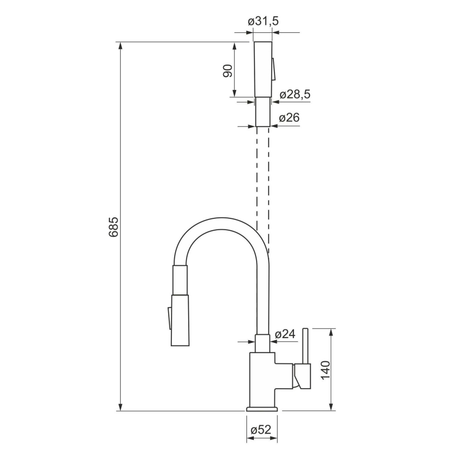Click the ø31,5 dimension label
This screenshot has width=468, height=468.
[x=263, y=22]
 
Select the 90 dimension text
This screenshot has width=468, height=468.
[x=228, y=70]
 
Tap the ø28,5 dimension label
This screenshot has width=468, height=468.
[x=295, y=95]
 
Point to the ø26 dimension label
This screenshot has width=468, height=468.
[x=289, y=117]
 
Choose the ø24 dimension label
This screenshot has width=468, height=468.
[x=285, y=334]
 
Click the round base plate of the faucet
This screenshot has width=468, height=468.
[x=263, y=409]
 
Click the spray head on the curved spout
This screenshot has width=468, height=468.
[x=180, y=321]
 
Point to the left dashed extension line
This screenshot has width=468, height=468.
[x=257, y=178]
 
